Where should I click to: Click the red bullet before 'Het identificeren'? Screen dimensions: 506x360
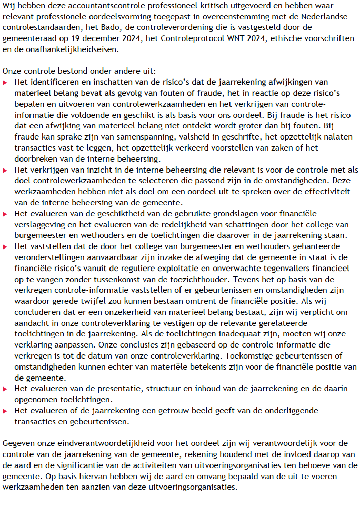coord(6,82)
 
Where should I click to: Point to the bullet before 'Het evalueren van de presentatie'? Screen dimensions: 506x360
coord(6,389)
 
